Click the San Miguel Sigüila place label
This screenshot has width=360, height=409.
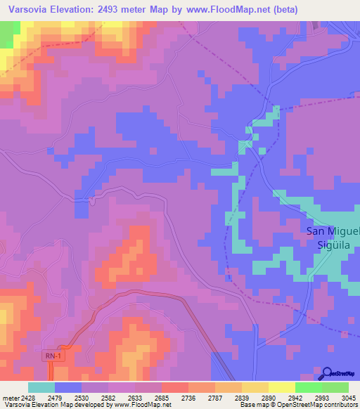(x=333, y=238)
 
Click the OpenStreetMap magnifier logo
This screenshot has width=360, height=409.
(x=328, y=372)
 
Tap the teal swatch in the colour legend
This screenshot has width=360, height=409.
(x=41, y=387)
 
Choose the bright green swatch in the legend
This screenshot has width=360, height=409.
(x=308, y=387)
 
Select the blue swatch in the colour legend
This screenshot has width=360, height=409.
(x=67, y=387)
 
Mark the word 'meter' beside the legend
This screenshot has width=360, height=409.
(x=11, y=397)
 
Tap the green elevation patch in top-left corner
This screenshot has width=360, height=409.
(x=6, y=35)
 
